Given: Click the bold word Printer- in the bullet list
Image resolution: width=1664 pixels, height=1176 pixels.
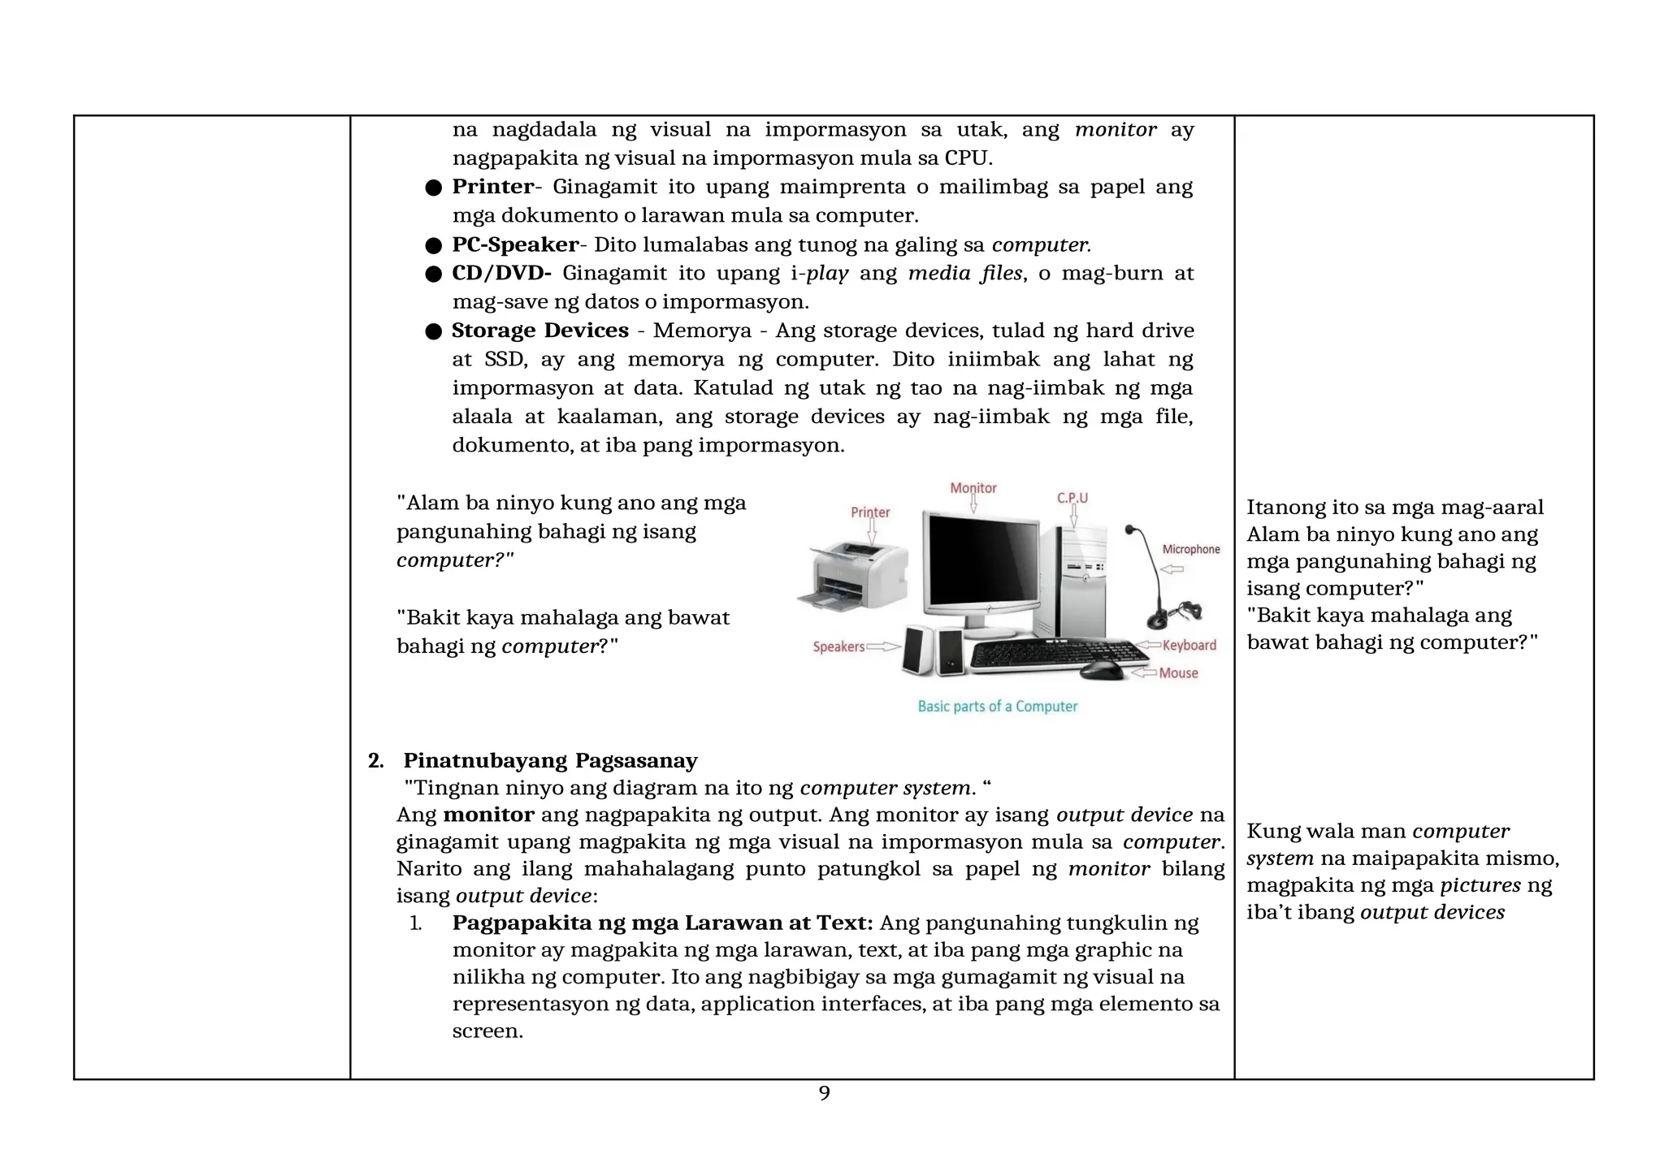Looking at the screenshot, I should click(x=492, y=187).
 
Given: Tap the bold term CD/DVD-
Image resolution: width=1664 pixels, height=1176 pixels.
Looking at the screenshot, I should click(x=501, y=273).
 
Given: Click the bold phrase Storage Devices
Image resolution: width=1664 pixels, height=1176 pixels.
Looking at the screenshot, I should click(x=539, y=331).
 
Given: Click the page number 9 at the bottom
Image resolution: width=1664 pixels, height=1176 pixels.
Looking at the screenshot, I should click(x=824, y=1093).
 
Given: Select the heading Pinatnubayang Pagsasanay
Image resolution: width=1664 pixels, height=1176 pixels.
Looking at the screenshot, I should click(x=550, y=761).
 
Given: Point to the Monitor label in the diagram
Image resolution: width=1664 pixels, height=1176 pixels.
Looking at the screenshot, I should click(x=973, y=488).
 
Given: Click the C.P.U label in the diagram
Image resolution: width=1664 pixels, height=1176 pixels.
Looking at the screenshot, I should click(x=1072, y=498).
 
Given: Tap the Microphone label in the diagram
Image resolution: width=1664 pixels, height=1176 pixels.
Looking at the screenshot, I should click(x=1190, y=550).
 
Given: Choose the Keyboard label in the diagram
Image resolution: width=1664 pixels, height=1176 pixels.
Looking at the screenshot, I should click(x=1189, y=646).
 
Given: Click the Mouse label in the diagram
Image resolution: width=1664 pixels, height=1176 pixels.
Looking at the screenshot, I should click(x=1178, y=673).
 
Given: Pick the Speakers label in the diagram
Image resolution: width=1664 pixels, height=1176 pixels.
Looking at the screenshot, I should click(x=838, y=647).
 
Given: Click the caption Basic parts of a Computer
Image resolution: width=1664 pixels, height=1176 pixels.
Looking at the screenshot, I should click(x=997, y=707).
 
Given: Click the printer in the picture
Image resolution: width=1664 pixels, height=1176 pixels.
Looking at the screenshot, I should click(x=853, y=577).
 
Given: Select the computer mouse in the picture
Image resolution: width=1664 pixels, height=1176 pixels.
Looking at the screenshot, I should click(x=1102, y=671).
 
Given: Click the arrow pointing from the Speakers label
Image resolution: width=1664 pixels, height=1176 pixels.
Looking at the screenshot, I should click(x=884, y=647).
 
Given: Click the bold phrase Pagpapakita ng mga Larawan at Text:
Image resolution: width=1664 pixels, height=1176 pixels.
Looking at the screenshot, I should click(x=662, y=923).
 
